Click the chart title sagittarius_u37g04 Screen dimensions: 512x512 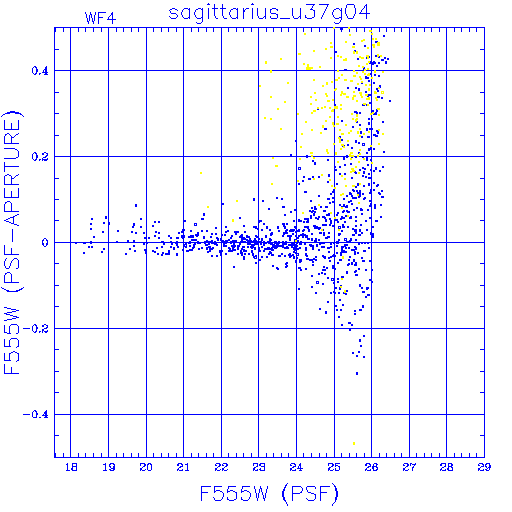pos(269,13)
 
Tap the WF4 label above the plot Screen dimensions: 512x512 pos(100,18)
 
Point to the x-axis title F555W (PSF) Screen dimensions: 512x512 pos(269,493)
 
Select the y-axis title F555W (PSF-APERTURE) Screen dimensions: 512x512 pos(12,243)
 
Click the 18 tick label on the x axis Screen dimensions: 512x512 pos(71,467)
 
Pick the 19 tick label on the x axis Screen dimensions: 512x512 pos(109,467)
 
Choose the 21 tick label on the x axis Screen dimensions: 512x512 pos(183,467)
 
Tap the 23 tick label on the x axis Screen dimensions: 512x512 pos(259,467)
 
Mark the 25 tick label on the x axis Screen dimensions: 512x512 pos(334,467)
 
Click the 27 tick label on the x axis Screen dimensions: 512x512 pos(409,467)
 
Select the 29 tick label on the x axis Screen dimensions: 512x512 pos(484,467)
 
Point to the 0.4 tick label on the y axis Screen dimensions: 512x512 pos(40,71)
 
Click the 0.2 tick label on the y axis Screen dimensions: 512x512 pos(40,157)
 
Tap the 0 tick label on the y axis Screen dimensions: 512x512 pos(45,243)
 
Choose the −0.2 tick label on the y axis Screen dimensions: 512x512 pos(36,329)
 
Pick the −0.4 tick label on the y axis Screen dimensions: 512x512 pos(36,415)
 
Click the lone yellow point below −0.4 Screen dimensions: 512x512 pos(354,443)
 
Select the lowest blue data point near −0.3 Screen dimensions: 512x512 pos(357,373)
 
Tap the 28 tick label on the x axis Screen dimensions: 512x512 pos(446,467)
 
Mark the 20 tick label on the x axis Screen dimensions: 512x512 pos(146,467)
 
